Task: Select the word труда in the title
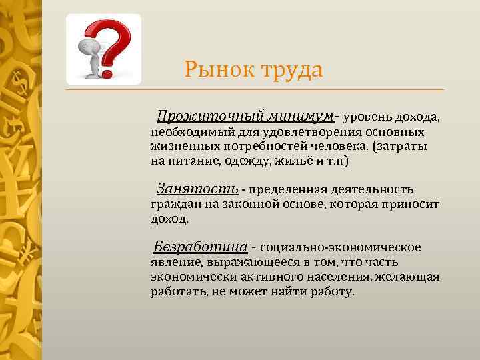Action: tap(287, 69)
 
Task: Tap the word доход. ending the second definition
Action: tap(170, 219)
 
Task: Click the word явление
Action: tap(171, 263)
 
